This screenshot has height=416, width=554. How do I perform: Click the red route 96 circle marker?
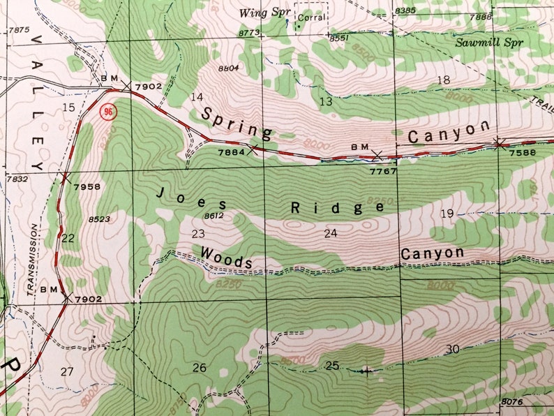point(107,112)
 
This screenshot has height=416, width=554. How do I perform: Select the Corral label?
point(310,19)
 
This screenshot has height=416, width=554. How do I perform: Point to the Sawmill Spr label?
point(488,42)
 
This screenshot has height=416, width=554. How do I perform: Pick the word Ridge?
point(337,207)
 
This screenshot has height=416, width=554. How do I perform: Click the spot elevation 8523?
point(99,219)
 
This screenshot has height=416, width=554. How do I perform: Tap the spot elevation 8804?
point(228,68)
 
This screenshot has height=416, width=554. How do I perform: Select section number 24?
point(330,233)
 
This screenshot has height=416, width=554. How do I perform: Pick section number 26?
point(200,367)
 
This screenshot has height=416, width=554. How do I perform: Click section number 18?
point(443,80)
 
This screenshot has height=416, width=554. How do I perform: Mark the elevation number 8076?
point(511,401)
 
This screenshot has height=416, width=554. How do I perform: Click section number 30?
point(452,349)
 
